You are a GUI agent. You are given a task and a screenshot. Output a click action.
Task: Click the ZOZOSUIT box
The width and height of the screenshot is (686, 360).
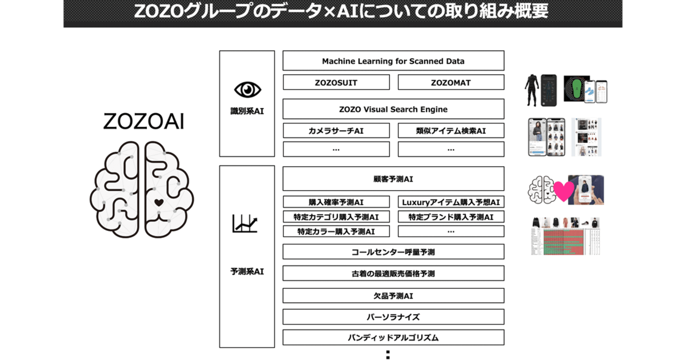(x=336, y=82)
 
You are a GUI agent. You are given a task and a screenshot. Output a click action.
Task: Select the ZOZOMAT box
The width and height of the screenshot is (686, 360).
(x=451, y=82)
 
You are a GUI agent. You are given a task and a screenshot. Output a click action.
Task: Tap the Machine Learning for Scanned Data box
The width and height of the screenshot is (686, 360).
(x=393, y=60)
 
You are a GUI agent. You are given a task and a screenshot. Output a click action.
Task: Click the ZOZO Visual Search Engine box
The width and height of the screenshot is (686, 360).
(x=393, y=109)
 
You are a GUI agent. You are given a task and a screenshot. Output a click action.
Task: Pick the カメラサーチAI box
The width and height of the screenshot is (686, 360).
(x=336, y=131)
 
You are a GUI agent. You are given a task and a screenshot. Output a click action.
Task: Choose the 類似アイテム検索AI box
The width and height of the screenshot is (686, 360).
(x=451, y=131)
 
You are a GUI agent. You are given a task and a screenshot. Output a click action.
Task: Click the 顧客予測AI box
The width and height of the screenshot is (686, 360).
(x=393, y=178)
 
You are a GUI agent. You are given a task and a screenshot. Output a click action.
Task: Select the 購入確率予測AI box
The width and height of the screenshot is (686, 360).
(x=336, y=202)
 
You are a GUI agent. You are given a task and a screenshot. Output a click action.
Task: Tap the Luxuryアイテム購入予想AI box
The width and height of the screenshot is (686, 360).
(x=451, y=202)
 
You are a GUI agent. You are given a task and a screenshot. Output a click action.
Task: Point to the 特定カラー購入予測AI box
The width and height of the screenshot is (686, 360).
(x=336, y=231)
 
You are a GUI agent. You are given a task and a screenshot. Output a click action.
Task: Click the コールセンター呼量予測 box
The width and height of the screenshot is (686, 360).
(x=393, y=252)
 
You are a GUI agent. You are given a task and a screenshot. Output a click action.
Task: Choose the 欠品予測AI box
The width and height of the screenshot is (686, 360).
(x=393, y=296)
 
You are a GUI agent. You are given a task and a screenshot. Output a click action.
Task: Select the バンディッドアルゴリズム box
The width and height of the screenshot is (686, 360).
(x=393, y=337)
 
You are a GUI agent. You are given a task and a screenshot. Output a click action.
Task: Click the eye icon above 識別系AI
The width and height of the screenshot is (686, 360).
(x=247, y=90)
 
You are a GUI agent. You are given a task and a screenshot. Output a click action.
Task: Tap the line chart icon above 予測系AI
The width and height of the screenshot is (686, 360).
(x=245, y=223)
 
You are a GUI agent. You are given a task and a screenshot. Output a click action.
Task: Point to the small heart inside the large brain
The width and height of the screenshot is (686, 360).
(x=159, y=202)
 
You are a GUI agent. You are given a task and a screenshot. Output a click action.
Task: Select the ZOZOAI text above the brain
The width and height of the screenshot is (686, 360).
(x=144, y=121)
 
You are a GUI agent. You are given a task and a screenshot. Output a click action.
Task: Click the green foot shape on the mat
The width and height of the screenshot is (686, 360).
(x=577, y=89)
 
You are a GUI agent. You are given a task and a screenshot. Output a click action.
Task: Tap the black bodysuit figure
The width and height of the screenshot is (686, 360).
(x=532, y=90)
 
